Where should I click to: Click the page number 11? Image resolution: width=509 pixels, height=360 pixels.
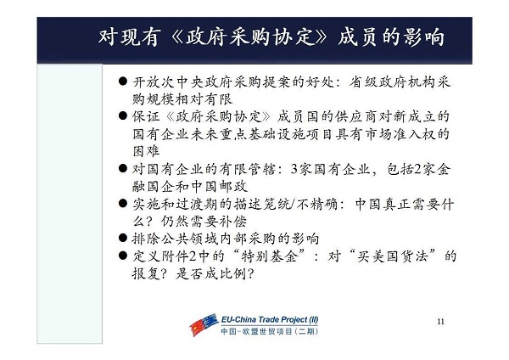440,322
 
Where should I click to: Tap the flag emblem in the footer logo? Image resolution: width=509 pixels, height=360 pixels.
204,324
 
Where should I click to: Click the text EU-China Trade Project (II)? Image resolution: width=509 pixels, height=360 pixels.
270,320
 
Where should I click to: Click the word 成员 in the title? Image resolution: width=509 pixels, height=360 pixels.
357,37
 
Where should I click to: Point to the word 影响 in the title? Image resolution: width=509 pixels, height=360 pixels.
424,37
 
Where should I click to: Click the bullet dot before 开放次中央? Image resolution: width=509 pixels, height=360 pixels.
123,81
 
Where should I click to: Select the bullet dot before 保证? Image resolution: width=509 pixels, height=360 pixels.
123,115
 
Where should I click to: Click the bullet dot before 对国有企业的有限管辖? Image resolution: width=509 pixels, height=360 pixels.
123,168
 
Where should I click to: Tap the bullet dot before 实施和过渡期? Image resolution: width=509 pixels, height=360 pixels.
123,204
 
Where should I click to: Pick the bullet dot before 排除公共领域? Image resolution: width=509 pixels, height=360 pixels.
123,238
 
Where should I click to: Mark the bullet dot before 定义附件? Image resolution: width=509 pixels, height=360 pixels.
123,256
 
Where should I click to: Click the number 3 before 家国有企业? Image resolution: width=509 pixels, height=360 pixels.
294,169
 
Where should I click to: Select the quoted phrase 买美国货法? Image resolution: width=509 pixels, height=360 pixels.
393,256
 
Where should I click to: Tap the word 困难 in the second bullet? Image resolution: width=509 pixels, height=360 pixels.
146,151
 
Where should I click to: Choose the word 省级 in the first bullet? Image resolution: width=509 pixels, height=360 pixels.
362,82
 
